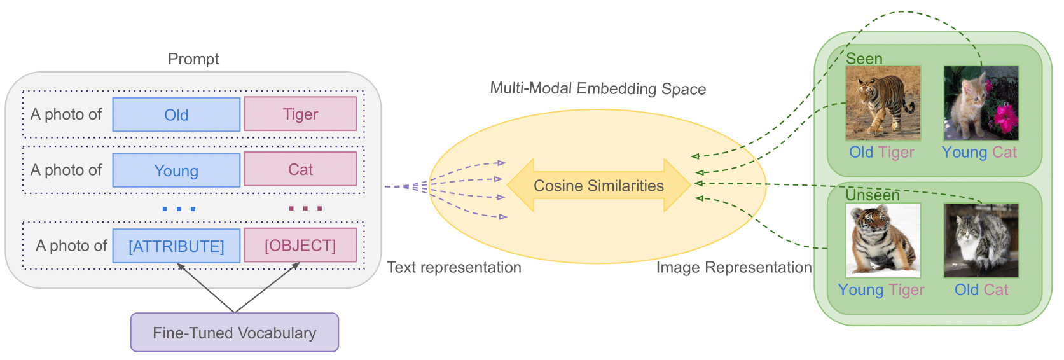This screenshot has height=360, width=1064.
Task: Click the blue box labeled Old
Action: pos(176,114)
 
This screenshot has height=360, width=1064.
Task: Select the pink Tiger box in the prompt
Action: pos(300,114)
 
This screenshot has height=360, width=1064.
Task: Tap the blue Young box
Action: pos(176,170)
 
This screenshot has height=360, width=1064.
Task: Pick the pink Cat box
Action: pos(300,169)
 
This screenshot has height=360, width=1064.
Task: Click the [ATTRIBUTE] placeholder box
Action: pos(176,246)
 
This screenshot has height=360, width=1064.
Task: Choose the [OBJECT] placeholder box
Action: pos(300,245)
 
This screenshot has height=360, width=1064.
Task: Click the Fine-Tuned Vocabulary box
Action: pos(234,332)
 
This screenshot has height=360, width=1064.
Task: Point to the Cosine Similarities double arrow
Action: pos(598,185)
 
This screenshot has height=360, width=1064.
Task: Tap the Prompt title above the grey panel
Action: pos(193,59)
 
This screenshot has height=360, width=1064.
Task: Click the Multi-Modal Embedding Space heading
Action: pos(598,88)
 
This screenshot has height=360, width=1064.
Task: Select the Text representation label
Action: pos(454,267)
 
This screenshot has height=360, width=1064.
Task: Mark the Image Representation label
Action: pos(734,267)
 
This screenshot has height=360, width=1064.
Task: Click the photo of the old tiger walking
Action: pos(883,103)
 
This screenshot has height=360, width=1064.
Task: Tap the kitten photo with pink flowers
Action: pos(981,103)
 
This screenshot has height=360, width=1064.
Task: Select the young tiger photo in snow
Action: pos(883,240)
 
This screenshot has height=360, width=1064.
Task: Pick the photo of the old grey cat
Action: pos(981,240)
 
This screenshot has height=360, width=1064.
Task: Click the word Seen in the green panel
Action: pos(864,59)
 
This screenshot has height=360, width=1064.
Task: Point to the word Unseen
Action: pos(872,195)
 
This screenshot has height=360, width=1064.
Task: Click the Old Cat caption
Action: pos(981,290)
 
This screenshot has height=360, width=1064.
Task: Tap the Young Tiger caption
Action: pos(881,290)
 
